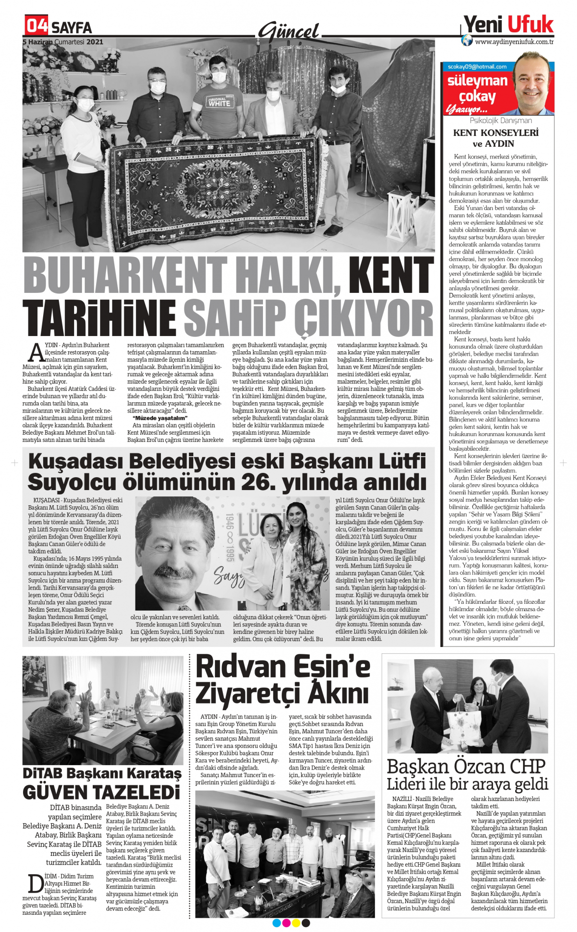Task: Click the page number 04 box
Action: [37, 25]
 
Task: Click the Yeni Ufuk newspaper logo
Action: [508, 24]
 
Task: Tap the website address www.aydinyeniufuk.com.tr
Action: [514, 42]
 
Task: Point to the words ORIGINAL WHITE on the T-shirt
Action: [219, 102]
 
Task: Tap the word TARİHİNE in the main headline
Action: [100, 318]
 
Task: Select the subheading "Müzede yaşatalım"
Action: [160, 418]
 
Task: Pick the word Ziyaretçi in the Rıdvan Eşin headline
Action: [247, 694]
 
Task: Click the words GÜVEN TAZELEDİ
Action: [102, 792]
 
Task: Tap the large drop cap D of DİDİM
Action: [35, 884]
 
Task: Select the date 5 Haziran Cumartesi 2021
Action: [63, 42]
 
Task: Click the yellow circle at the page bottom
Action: [296, 923]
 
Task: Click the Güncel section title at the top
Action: [289, 32]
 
